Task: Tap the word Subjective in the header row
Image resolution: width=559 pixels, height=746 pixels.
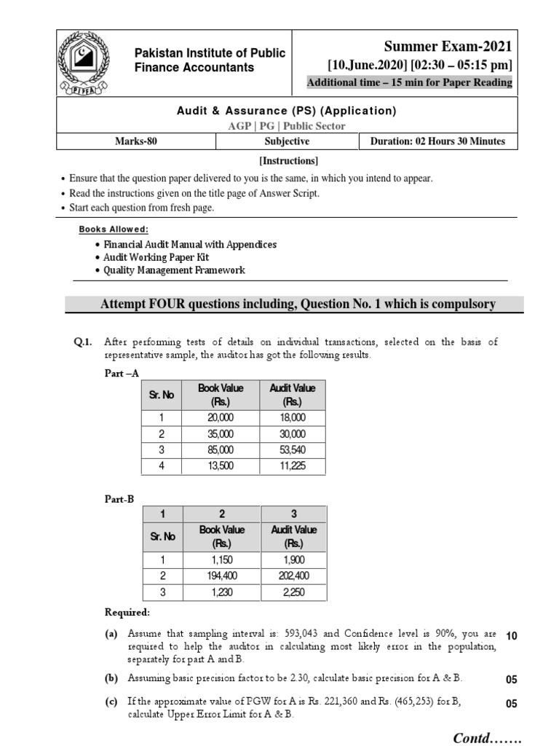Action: tap(287, 142)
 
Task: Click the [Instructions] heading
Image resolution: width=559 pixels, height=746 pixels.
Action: tap(289, 160)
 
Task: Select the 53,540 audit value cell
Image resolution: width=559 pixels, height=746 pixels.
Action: tap(293, 449)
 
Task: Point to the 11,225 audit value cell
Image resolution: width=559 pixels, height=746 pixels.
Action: tap(293, 466)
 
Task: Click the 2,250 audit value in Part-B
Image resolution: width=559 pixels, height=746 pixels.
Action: tap(293, 592)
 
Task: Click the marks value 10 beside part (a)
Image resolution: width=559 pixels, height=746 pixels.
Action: tap(511, 636)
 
